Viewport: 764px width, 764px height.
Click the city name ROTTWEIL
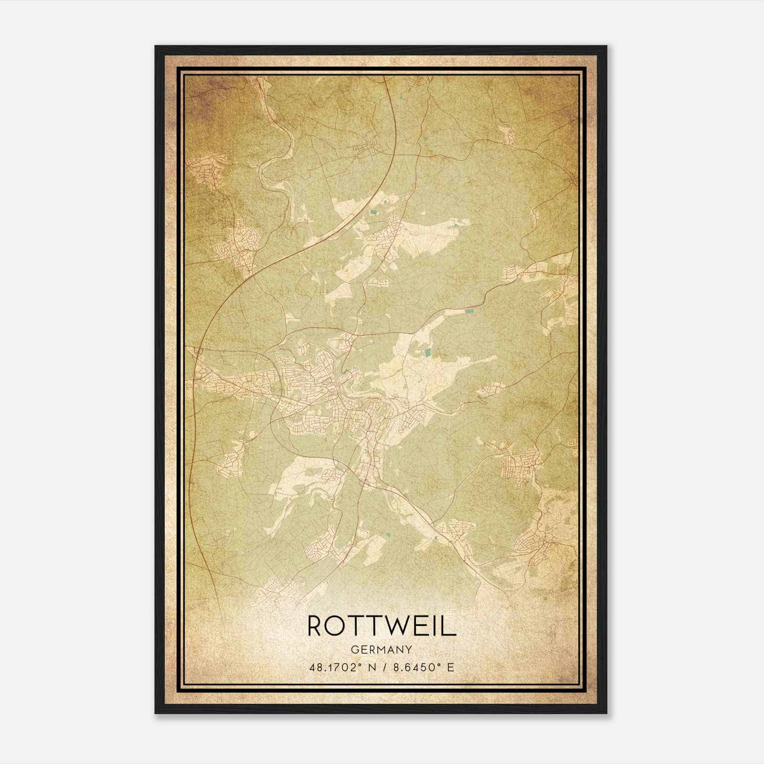click(382, 626)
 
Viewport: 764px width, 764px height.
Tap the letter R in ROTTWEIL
click(318, 626)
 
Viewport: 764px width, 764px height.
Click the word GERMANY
click(382, 649)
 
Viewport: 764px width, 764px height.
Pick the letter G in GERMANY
click(354, 649)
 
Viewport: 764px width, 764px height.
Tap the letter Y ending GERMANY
click(409, 649)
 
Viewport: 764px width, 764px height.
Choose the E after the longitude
click(450, 667)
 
